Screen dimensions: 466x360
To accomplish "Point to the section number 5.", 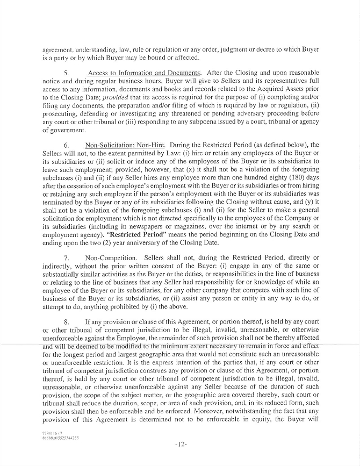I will pyautogui.click(x=67, y=72).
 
